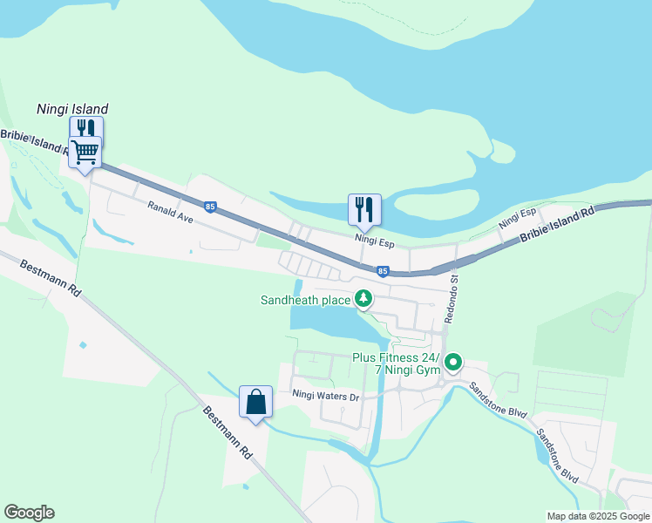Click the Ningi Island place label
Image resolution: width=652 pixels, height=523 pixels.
pos(72,110)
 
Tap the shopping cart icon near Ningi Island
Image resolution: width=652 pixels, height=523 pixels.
pos(85,152)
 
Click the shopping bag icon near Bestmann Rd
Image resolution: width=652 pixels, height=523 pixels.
pos(256,403)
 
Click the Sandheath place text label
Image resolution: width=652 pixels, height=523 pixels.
pos(305,301)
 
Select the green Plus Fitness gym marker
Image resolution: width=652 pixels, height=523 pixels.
pos(453,362)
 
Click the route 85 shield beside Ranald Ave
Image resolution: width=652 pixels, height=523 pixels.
pos(210,207)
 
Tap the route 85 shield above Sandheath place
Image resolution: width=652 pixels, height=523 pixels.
pos(383,272)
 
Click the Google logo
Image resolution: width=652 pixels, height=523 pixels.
pos(29,513)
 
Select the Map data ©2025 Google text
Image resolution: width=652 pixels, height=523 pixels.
pos(597,516)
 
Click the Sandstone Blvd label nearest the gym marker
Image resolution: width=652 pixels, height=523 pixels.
pos(498,398)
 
